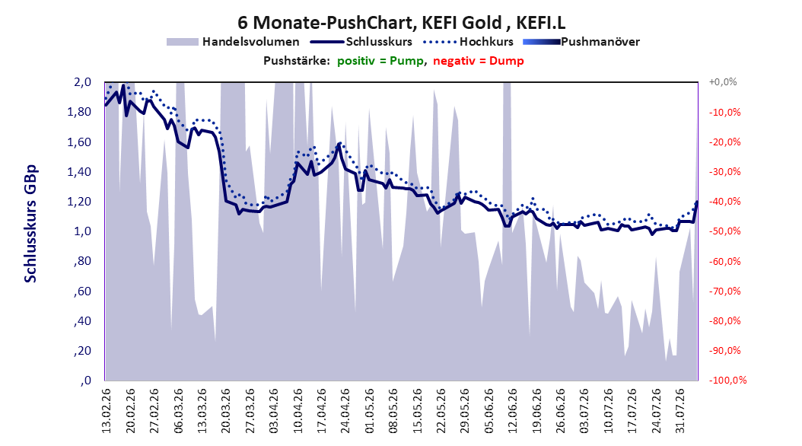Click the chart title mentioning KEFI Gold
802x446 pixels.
[x=402, y=23]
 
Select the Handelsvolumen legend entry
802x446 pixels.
[x=233, y=42]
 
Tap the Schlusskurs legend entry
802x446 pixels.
[x=361, y=42]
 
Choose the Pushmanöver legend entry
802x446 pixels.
[x=581, y=42]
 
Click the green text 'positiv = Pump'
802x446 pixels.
[x=380, y=61]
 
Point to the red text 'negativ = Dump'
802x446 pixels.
[x=479, y=61]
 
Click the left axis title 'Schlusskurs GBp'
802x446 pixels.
[x=30, y=224]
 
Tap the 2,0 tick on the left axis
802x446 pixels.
[x=83, y=82]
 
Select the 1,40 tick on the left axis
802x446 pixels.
[x=79, y=171]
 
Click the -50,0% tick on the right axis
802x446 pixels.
[x=724, y=231]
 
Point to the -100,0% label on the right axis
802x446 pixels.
[x=727, y=380]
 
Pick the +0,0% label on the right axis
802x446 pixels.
[x=723, y=82]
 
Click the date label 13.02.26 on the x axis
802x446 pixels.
[x=107, y=411]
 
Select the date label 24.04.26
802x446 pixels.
[x=345, y=411]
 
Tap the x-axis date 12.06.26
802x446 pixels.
[x=513, y=411]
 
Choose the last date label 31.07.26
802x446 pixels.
[x=679, y=411]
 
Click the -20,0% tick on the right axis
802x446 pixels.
[x=724, y=142]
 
